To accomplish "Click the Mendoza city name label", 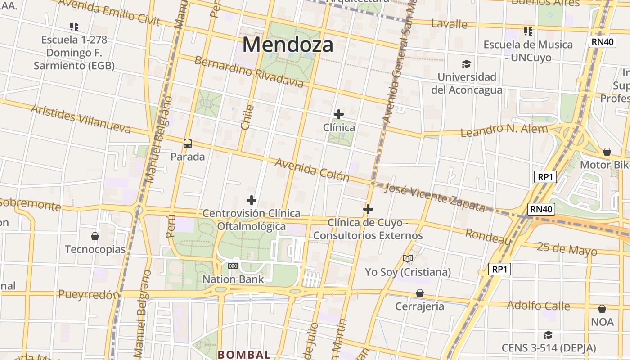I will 288,45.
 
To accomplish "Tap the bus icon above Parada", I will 188,144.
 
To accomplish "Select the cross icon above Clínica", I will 339,114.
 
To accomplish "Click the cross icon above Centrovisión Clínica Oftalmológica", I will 252,200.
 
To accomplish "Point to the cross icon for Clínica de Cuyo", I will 368,209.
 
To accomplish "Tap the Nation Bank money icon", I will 233,266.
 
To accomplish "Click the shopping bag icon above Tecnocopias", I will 95,236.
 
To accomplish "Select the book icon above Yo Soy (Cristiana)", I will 408,258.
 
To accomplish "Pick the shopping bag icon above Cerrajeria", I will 420,293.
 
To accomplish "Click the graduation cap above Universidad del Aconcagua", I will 466,64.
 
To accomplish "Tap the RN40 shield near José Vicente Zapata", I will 541,209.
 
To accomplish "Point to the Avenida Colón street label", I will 312,170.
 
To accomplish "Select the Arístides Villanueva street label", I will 81,119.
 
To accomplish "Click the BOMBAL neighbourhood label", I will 244,355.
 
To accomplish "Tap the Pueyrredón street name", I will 89,295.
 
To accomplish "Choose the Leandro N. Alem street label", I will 504,130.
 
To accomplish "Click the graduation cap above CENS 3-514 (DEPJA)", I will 548,335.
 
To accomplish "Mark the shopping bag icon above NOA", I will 602,309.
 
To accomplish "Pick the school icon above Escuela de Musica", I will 528,31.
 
